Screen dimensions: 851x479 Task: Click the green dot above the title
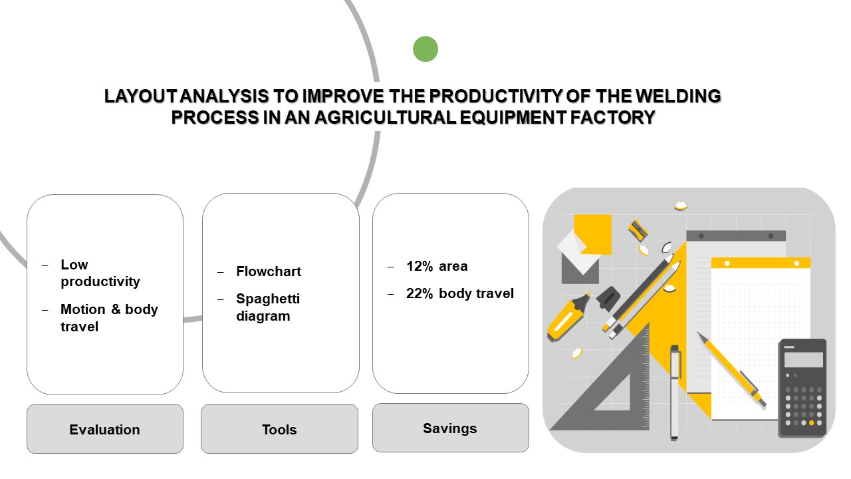coord(425,49)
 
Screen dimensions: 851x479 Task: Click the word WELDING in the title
coord(678,96)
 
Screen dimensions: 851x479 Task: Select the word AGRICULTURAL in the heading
coord(385,117)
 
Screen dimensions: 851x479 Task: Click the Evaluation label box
coord(105,429)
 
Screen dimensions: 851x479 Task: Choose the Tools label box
coord(280,429)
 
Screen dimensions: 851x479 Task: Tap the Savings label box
coord(451,428)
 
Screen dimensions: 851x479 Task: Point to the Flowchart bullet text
coord(269,271)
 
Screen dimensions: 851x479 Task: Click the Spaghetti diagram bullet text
coord(268,307)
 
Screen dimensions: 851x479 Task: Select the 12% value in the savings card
coord(420,266)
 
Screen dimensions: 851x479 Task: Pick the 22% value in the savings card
coord(420,293)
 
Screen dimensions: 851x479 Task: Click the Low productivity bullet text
coord(100,273)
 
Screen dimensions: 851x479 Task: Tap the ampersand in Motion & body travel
coord(116,309)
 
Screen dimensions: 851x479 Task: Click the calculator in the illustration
coord(802,388)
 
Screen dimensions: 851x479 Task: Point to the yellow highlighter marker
coord(568,316)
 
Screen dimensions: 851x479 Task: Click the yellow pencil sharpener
coord(638,230)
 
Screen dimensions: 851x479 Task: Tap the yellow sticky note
coord(592,235)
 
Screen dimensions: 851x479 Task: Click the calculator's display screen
coord(804,360)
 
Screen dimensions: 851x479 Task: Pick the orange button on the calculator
coord(812,422)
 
